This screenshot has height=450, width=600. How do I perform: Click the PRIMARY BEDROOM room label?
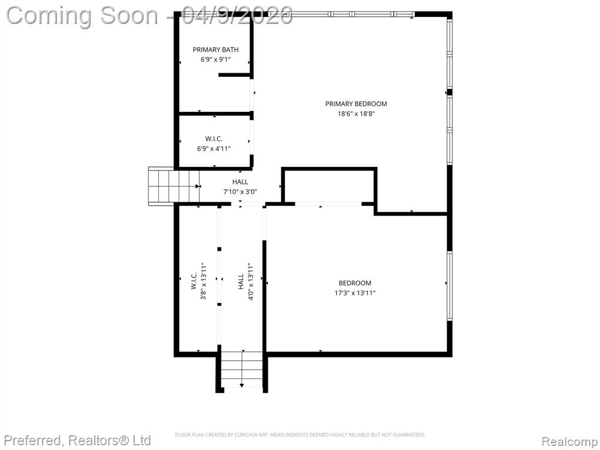(x=356, y=104)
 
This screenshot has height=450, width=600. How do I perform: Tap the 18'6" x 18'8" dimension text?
(x=356, y=114)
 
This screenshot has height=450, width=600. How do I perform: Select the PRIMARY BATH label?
(x=216, y=50)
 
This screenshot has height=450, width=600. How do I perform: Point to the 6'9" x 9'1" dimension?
(x=216, y=60)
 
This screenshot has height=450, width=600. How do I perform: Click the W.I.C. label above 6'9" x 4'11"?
(x=213, y=139)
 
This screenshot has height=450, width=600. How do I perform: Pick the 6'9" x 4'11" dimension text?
(x=213, y=149)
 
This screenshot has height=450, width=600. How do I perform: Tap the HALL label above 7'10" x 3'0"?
(x=240, y=182)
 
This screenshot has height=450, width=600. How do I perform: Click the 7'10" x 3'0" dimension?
(x=240, y=192)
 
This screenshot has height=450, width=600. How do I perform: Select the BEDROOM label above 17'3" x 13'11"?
(x=354, y=283)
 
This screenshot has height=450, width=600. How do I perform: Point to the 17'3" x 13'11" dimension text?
(x=354, y=293)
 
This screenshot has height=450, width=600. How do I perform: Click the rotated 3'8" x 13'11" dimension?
(x=203, y=281)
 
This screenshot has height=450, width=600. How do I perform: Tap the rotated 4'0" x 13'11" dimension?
(x=251, y=281)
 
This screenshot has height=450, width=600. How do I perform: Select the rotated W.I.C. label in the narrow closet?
(x=193, y=281)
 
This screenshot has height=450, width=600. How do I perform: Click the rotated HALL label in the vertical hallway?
(x=241, y=281)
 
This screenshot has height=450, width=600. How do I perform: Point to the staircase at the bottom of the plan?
(x=242, y=370)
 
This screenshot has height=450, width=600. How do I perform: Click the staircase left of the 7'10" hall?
(x=174, y=186)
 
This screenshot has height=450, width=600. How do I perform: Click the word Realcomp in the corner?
(x=570, y=441)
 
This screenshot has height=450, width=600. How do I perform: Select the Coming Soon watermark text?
(x=149, y=15)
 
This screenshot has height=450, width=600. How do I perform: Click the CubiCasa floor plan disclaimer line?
(x=300, y=435)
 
